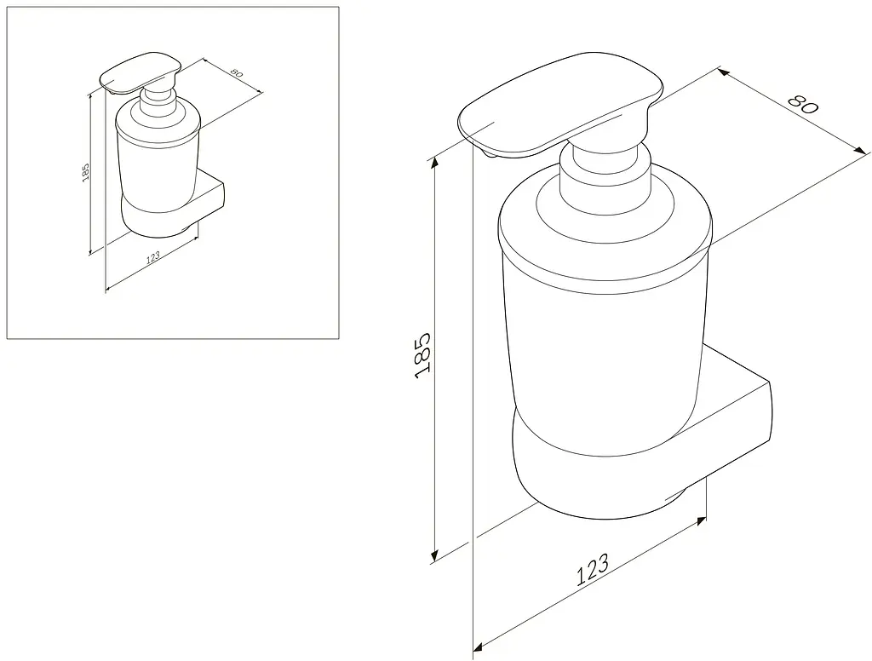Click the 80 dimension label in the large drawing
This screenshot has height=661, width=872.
coord(804,104)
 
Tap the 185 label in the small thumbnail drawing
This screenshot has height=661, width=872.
coord(85,173)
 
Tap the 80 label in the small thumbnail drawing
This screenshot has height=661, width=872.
coord(236,73)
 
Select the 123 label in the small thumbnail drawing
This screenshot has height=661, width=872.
coord(152,256)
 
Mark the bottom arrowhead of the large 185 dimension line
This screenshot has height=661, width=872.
coord(434,556)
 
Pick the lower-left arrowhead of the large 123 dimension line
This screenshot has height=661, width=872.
coord(477,647)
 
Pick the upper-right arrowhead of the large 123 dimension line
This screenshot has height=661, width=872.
coord(702,520)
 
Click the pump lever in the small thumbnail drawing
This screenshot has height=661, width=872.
coord(141,73)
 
